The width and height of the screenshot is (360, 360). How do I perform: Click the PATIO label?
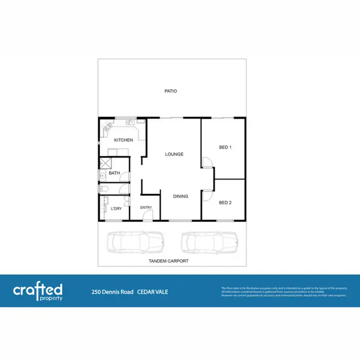(x=171, y=91)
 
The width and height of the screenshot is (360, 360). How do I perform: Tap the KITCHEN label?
(x=123, y=140)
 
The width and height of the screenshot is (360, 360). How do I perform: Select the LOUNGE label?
(x=174, y=154)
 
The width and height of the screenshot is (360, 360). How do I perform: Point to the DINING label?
(x=181, y=196)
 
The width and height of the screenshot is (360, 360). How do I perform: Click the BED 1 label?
(x=226, y=147)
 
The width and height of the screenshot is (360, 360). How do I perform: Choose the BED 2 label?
(x=226, y=203)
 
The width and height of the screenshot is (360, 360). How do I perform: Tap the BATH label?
(x=114, y=173)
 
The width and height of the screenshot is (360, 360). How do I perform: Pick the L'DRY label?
(x=116, y=209)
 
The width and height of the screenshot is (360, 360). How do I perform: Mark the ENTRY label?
(x=146, y=208)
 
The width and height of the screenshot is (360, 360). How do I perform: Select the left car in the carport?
(x=135, y=242)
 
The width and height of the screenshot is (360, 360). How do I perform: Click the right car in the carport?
(x=210, y=242)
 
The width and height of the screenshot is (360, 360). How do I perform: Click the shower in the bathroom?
(x=105, y=163)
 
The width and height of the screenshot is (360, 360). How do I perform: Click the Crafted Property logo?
(x=38, y=291)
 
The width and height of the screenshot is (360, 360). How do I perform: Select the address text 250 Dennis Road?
(x=113, y=291)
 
